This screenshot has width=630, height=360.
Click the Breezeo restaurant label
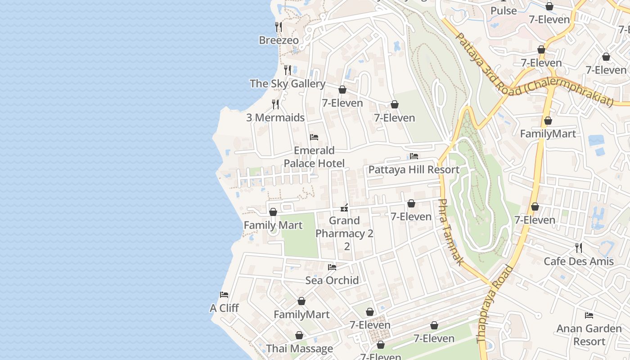point(279,40)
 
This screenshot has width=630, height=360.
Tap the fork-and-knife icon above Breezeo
point(279,27)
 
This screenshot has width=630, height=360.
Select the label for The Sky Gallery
point(287,84)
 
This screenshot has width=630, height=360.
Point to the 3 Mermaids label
point(275,118)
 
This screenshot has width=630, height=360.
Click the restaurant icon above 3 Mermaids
point(275,104)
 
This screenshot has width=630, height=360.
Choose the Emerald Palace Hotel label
point(314,157)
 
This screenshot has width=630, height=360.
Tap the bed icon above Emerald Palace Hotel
point(314,137)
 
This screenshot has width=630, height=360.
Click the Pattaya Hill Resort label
point(414,170)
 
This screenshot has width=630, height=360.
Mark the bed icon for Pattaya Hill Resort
point(414,156)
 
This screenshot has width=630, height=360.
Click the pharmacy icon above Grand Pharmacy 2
point(345,207)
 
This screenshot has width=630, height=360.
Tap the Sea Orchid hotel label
point(332,280)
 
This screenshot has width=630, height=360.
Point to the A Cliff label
point(224,308)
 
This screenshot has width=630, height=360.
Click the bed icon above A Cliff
point(224,295)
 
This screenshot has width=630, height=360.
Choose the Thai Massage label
point(299,349)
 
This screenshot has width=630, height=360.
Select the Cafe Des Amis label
point(579,261)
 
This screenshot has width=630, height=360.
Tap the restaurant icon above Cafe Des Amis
point(579,247)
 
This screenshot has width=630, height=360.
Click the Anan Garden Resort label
point(589,335)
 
